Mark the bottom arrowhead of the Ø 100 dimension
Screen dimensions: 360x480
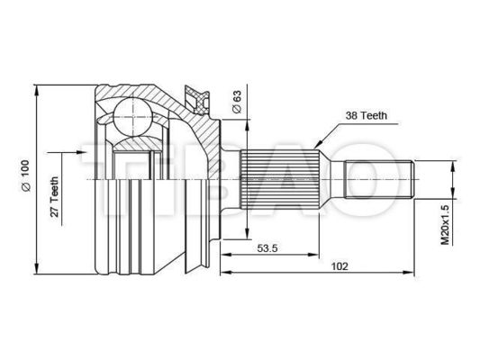coord(37,266)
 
